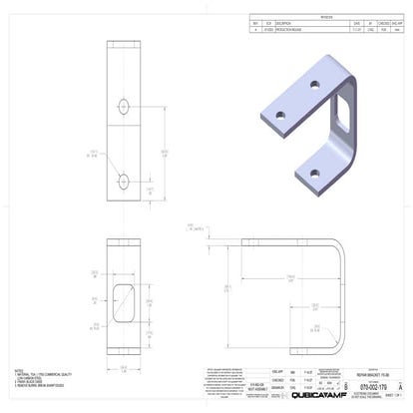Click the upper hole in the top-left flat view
click(124, 105)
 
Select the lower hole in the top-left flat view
click(124, 181)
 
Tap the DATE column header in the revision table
click(357, 23)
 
